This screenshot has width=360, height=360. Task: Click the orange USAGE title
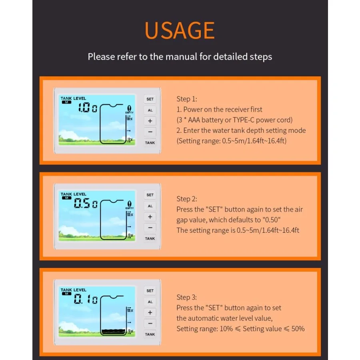(x=180, y=30)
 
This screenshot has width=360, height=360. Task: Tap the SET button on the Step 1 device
(x=150, y=99)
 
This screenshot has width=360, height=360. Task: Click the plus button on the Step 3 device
(x=150, y=312)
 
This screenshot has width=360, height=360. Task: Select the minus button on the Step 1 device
(x=150, y=132)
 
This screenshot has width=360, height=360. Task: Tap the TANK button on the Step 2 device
(x=150, y=238)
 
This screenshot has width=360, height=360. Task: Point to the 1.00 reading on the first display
(x=88, y=108)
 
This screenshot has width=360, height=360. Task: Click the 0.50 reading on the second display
(x=86, y=203)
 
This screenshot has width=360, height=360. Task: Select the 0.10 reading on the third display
(x=86, y=299)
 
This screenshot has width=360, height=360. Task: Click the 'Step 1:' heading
(x=187, y=99)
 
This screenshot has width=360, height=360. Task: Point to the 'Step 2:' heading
(x=187, y=199)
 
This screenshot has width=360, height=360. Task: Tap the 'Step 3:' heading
(x=187, y=297)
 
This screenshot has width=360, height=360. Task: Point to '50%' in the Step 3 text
(x=298, y=329)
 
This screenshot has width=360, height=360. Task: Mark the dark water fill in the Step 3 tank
(x=114, y=332)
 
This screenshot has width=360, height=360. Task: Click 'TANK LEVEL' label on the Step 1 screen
(x=73, y=98)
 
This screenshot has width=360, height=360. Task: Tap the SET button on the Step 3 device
(x=150, y=291)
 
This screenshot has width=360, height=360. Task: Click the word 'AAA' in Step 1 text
(x=194, y=120)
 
